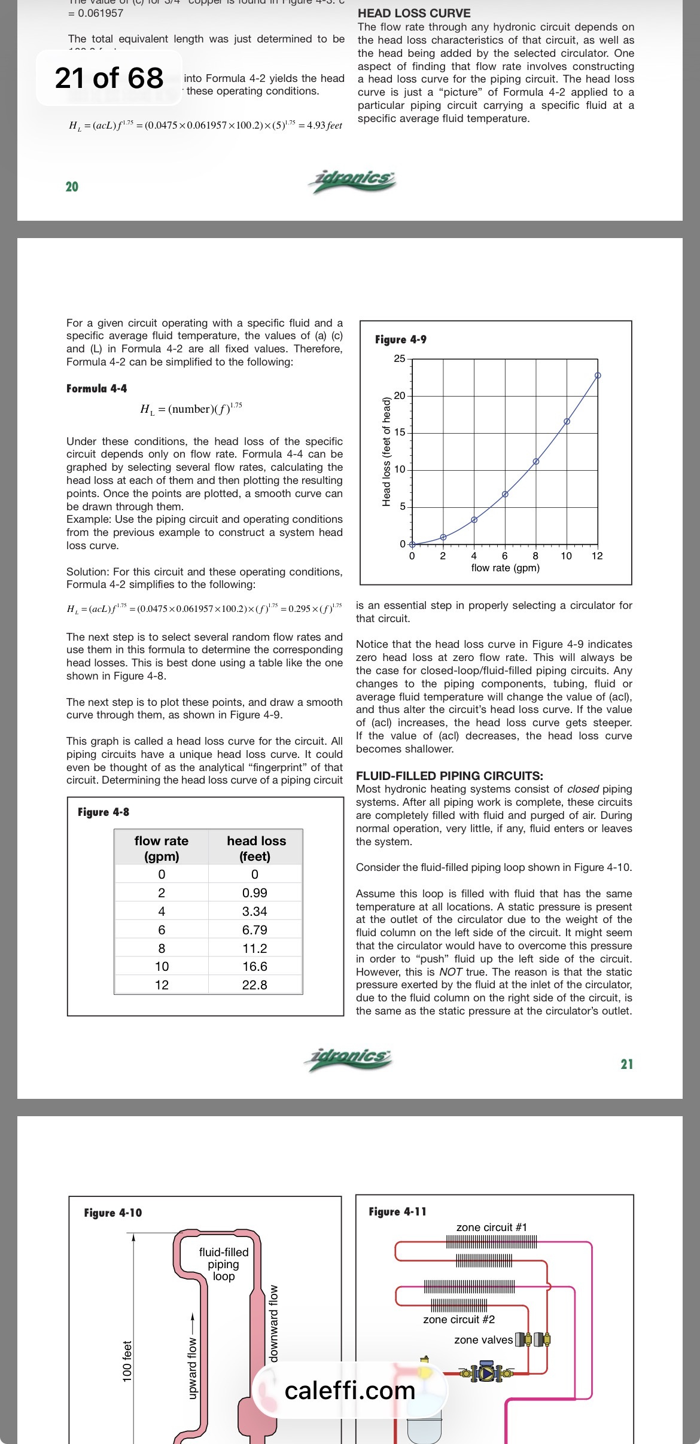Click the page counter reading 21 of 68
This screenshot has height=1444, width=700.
109,78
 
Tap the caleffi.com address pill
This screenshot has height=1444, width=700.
349,1390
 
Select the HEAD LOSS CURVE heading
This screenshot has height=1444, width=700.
414,13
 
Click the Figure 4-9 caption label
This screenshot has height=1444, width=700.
401,339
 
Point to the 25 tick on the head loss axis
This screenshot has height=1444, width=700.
399,359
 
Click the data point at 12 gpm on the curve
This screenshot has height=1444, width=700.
598,376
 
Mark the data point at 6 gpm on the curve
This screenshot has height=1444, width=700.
505,494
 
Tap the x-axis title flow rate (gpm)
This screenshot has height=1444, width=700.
506,568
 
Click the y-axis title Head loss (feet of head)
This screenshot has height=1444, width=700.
386,452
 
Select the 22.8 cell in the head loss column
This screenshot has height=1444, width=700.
255,985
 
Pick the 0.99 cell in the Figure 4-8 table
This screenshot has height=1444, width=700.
255,892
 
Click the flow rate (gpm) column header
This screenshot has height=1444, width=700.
162,848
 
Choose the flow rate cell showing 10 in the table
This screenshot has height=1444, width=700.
162,966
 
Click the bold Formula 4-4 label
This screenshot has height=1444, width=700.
97,388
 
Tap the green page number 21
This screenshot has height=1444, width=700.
626,1064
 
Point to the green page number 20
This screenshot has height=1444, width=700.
72,187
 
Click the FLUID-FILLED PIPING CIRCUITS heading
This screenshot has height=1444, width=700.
449,776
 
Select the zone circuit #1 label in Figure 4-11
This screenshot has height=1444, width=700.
492,1227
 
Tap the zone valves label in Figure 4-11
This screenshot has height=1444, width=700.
483,1339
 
